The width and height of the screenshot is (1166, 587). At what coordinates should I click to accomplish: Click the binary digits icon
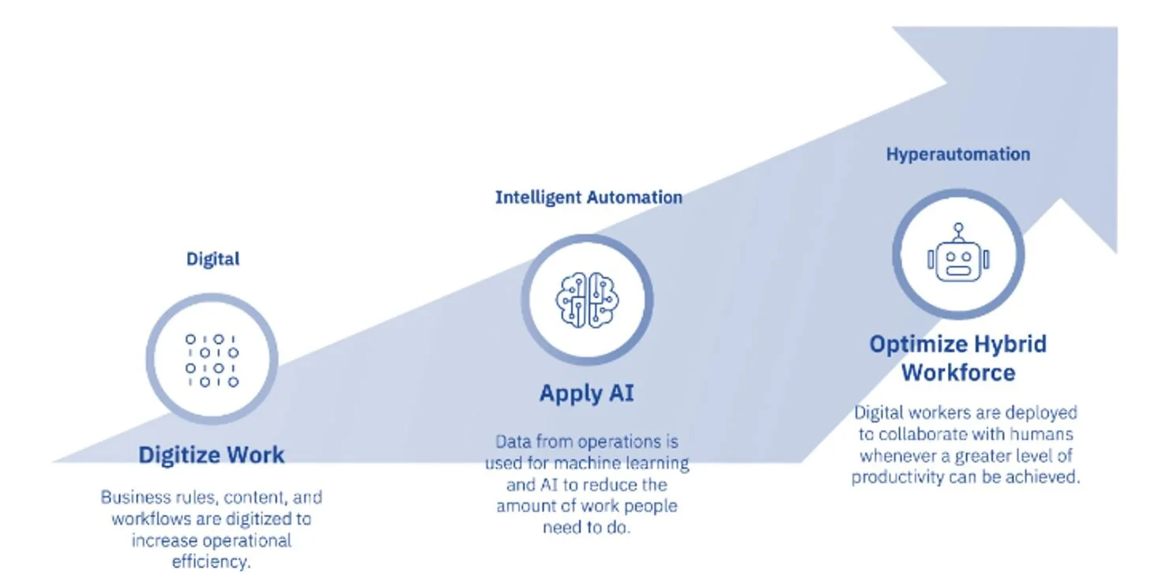(212, 360)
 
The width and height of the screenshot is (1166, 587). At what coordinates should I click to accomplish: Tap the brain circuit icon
(587, 300)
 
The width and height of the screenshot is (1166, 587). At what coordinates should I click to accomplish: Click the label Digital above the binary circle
(213, 258)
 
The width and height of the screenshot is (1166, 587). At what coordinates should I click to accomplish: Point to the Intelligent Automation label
(589, 198)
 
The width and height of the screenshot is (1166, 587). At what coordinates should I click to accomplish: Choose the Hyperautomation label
(957, 154)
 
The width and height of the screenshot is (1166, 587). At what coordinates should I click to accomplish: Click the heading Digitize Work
(211, 454)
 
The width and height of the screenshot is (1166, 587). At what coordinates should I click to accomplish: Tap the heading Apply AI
(586, 393)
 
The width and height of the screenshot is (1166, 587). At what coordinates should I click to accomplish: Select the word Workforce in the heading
(957, 372)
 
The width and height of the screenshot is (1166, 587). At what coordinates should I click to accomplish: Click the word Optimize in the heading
(918, 344)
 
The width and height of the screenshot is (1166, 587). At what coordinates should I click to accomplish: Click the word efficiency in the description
(210, 562)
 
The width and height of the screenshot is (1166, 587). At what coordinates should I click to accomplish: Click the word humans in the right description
(1043, 435)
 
